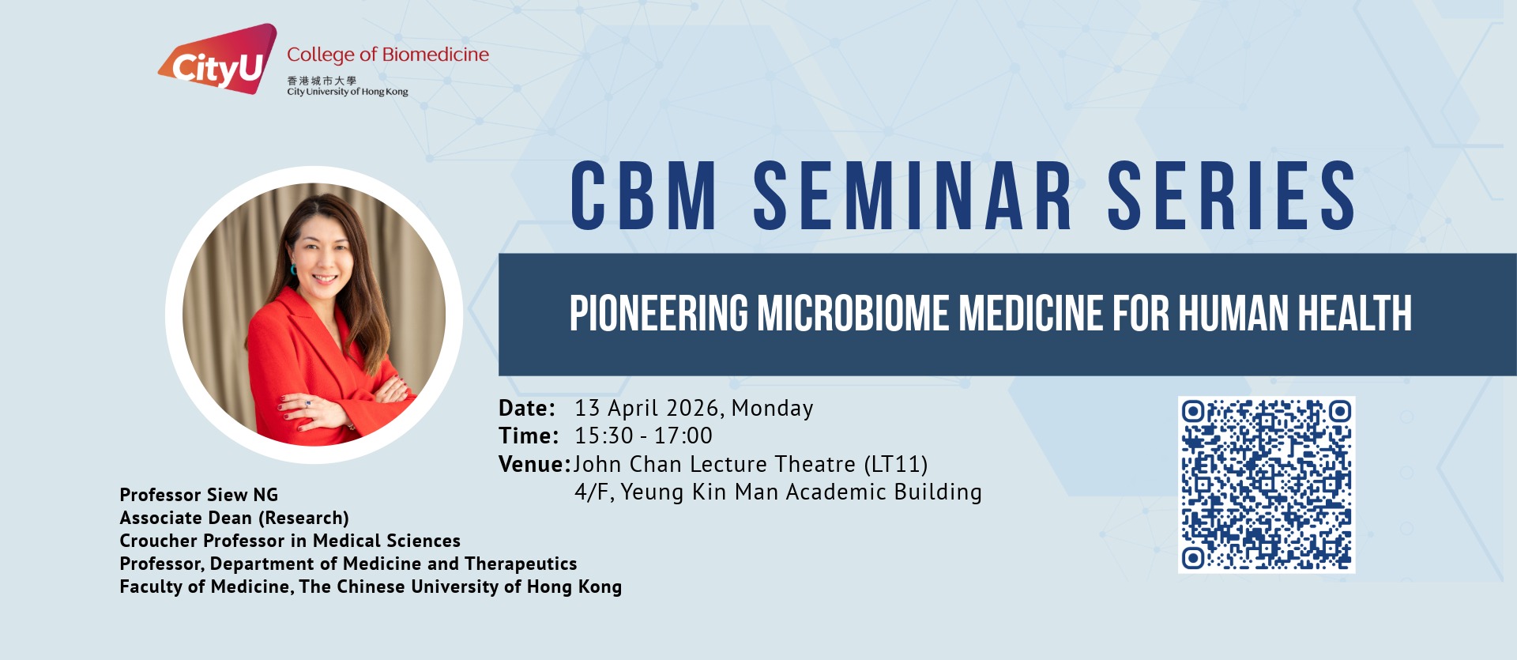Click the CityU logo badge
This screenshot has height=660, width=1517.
point(218,60)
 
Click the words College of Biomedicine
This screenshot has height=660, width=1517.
point(388,55)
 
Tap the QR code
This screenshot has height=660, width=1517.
point(1267,485)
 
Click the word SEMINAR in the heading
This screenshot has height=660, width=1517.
point(913,195)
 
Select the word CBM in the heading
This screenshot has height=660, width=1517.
point(644,195)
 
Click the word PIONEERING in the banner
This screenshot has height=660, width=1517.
point(659,313)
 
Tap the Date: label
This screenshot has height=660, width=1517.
point(527,409)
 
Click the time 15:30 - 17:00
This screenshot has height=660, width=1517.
point(643,436)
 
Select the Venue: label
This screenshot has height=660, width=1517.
point(534,464)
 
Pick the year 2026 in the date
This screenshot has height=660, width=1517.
point(692,408)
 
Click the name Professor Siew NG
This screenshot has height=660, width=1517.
point(199,495)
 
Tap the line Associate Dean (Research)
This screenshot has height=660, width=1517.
point(235,518)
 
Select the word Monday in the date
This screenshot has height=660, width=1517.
point(772,409)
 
